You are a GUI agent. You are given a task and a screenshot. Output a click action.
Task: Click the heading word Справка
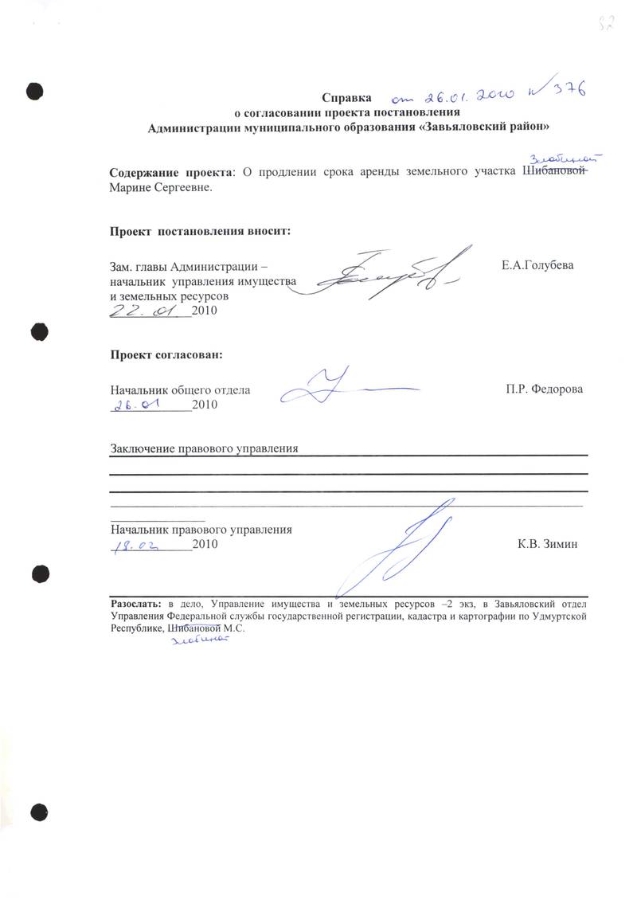pyautogui.click(x=347, y=98)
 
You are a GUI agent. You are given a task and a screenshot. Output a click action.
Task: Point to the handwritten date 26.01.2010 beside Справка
pyautogui.click(x=454, y=96)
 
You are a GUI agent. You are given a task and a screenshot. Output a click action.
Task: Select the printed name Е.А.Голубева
pyautogui.click(x=537, y=265)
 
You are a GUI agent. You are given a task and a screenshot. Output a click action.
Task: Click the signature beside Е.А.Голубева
pyautogui.click(x=382, y=275)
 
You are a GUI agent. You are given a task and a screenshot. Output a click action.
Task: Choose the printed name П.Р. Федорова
pyautogui.click(x=544, y=389)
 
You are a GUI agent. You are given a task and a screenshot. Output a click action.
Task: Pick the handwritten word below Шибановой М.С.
pyautogui.click(x=196, y=644)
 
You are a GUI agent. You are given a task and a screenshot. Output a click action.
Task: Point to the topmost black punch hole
pyautogui.click(x=33, y=89)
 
